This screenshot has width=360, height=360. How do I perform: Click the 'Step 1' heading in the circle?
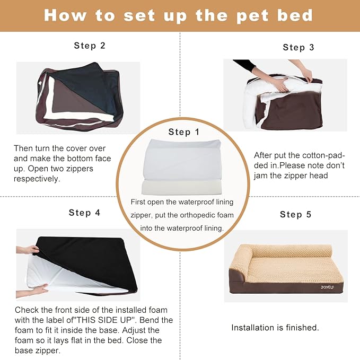tap(184, 132)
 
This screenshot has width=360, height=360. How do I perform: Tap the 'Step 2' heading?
tap(90, 46)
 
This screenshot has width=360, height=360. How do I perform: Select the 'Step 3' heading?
tap(298, 47)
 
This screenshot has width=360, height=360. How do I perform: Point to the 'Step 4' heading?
tap(84, 213)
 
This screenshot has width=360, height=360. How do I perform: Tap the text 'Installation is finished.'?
tap(275, 328)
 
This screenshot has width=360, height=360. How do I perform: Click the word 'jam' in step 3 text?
tap(263, 175)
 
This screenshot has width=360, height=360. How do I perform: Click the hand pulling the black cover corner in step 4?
tap(28, 249)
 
